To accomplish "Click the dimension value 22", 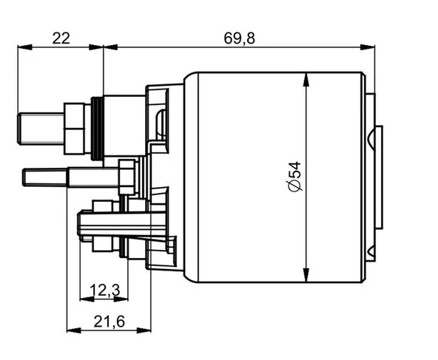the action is [61, 38].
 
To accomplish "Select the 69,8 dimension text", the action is [239, 38].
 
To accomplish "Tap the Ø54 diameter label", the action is [295, 177].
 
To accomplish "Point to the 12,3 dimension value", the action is [105, 291].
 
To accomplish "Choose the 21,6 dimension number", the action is [109, 322].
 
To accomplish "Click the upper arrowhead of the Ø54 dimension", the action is [306, 80].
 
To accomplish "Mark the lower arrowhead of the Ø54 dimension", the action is [306, 275].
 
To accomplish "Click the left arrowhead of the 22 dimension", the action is [25, 47].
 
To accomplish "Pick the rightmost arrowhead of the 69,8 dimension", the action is [367, 47].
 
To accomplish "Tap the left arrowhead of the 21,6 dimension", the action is [74, 330].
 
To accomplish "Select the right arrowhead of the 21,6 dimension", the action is [144, 330].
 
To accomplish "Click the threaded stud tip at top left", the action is [41, 129].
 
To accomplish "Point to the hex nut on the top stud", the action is [75, 129].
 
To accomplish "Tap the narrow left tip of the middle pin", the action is [46, 177].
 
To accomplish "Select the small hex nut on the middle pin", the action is [127, 177].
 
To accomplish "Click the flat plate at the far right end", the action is [379, 177].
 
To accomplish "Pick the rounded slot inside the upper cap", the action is [161, 124].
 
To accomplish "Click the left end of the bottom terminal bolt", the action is [80, 225].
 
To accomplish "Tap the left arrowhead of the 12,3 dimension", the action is [87, 299].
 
